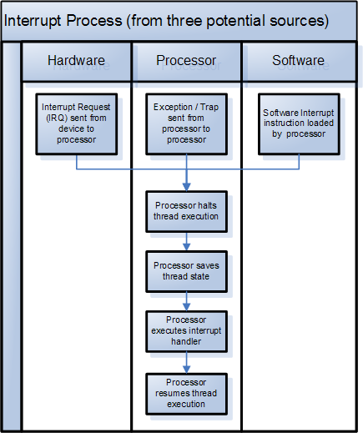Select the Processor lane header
[186, 61]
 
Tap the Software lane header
[298, 61]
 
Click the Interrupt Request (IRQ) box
[76, 123]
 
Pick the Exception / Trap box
[187, 123]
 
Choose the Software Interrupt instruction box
[299, 123]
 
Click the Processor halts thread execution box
[187, 210]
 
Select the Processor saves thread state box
[187, 270]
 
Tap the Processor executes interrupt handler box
[187, 330]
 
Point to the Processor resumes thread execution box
[187, 392]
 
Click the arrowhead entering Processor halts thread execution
[187, 187]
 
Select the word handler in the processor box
[187, 340]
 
